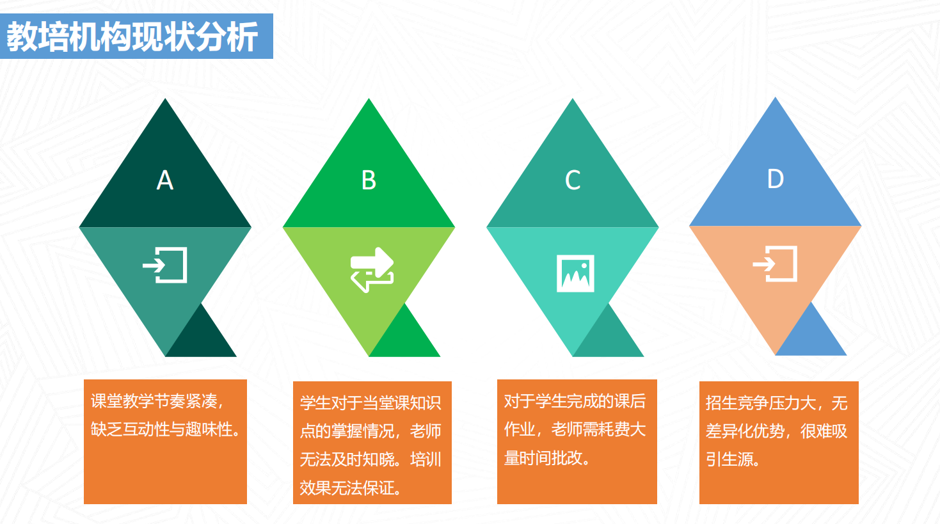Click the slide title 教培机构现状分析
(x=132, y=37)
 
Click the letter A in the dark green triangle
(x=165, y=180)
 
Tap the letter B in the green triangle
(x=369, y=180)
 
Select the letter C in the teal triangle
(x=573, y=180)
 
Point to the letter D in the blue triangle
(x=776, y=179)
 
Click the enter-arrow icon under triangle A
(x=165, y=265)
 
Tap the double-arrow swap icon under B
(x=372, y=269)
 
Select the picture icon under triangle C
(x=575, y=273)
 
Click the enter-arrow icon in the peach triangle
(x=775, y=264)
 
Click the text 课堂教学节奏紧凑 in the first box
(x=154, y=402)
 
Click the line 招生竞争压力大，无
(x=776, y=403)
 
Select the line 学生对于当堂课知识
(x=370, y=403)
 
